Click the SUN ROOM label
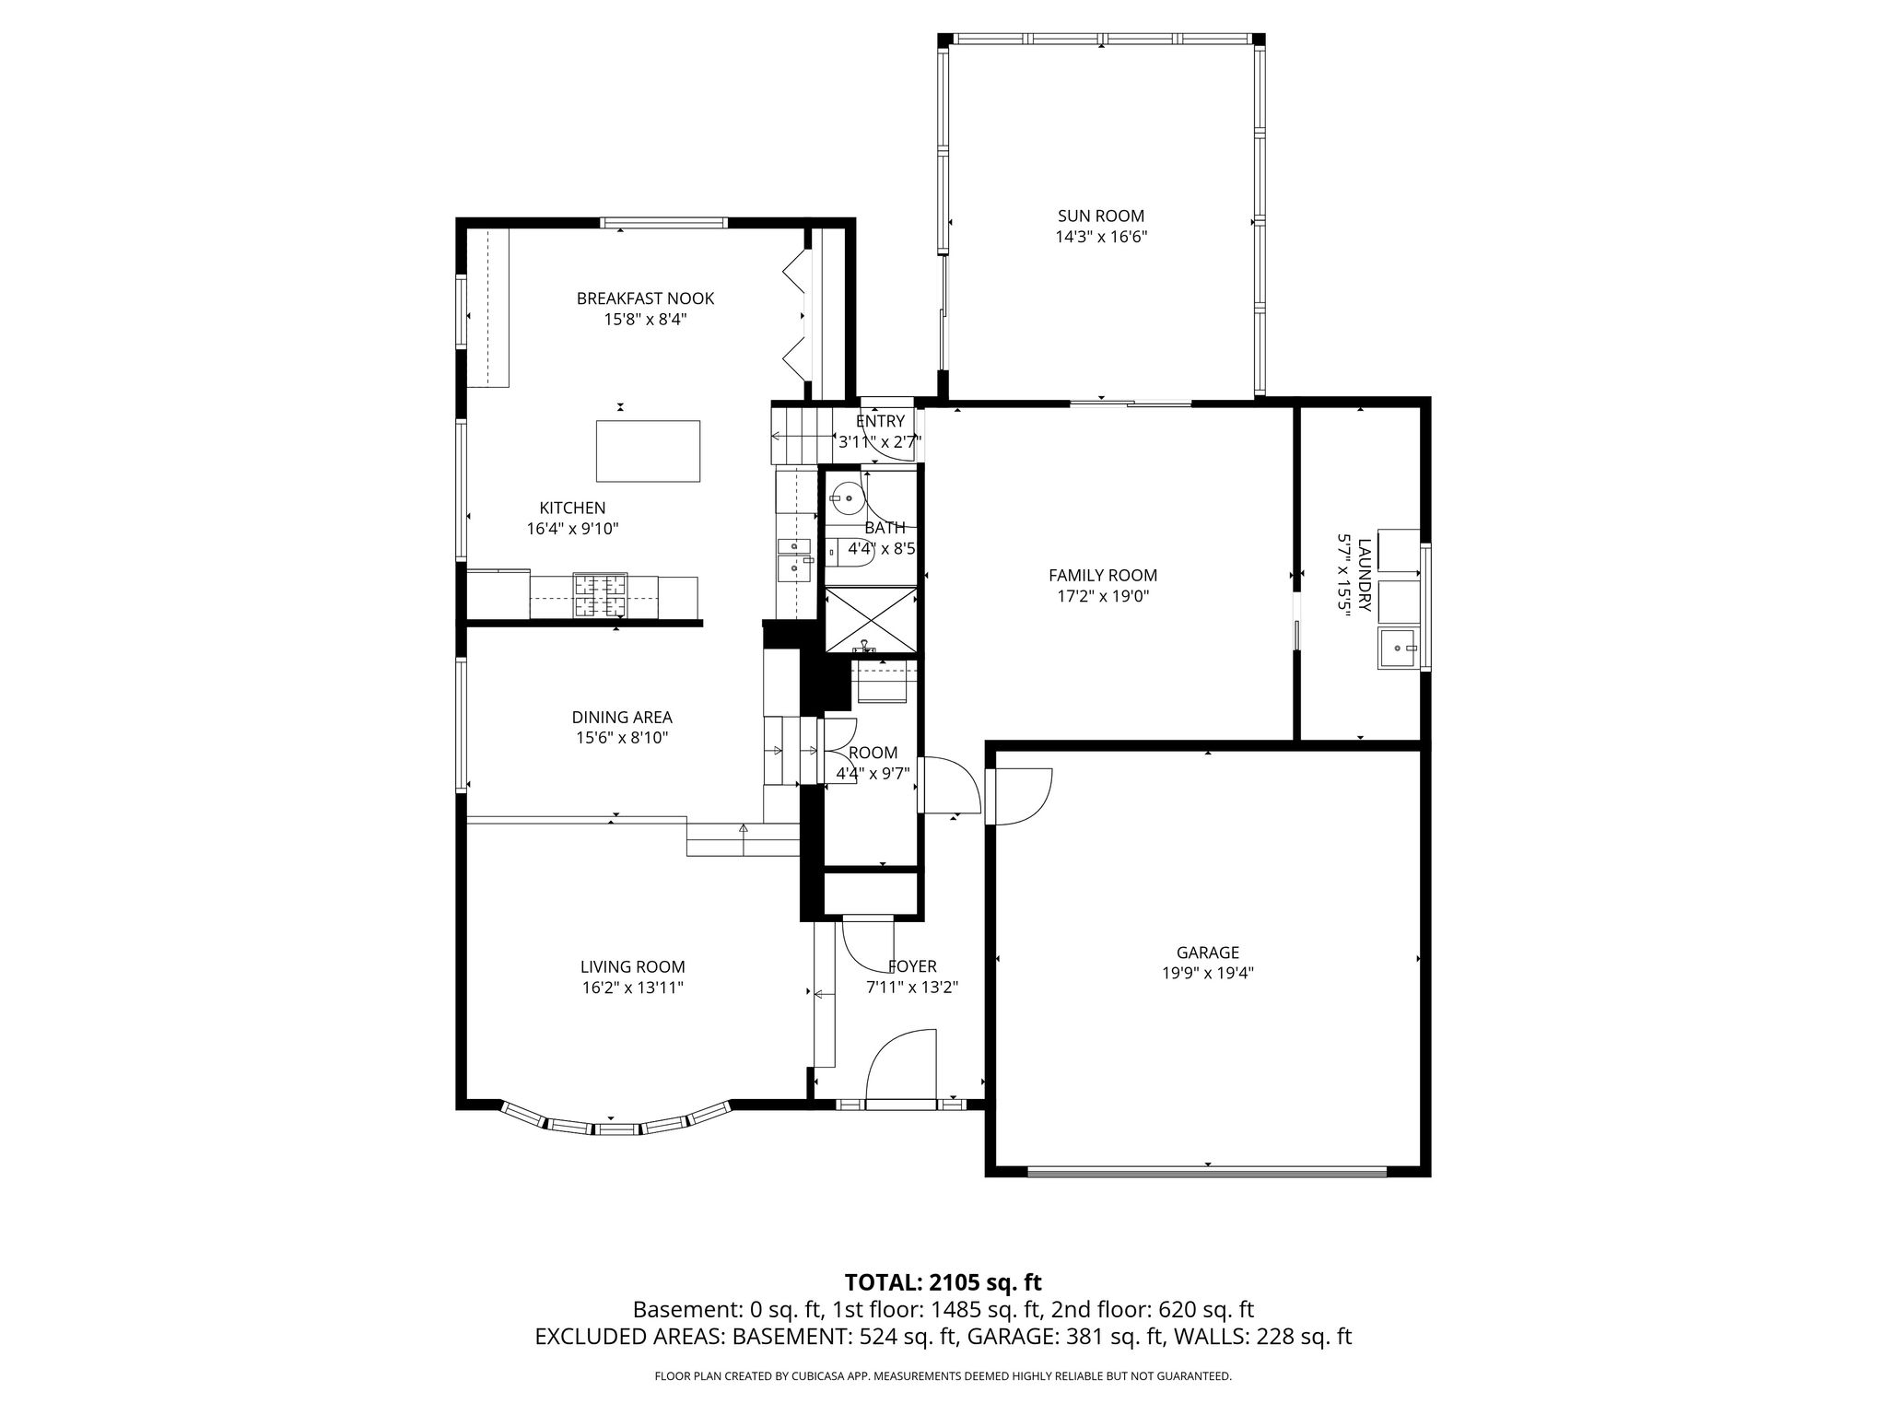click(x=1101, y=216)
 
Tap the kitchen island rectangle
click(x=648, y=450)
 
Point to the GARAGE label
click(x=1207, y=953)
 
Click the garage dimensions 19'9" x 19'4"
click(x=1207, y=973)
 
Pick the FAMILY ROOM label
click(x=1103, y=576)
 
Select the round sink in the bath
click(x=845, y=498)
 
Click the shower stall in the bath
click(x=871, y=619)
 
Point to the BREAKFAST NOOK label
click(x=645, y=298)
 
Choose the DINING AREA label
click(x=622, y=717)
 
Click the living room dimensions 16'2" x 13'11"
click(x=632, y=988)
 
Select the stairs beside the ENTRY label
click(x=801, y=436)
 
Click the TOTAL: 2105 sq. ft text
click(x=943, y=1281)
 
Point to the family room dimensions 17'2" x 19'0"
click(x=1103, y=596)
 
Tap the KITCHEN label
click(x=572, y=508)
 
